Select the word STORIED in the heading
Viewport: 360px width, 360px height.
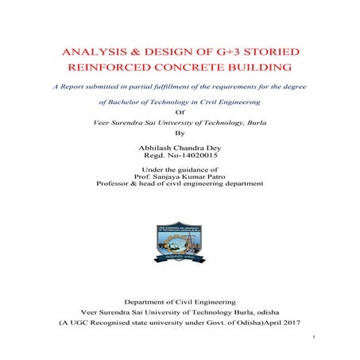coord(273,52)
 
